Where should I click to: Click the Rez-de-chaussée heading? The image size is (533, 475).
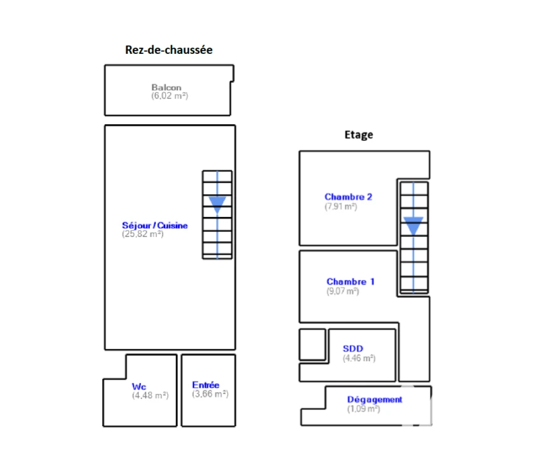coord(169,50)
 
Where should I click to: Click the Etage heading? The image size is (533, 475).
coord(359,135)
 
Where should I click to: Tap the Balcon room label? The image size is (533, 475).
coord(166,87)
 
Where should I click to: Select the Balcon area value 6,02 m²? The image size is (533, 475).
coord(169,96)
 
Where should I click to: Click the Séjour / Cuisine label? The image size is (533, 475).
coord(155,225)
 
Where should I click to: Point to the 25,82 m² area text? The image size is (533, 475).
coord(143,234)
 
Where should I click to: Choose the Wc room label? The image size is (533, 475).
coord(139,387)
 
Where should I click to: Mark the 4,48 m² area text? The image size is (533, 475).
coord(150,395)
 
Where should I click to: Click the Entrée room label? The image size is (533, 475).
coord(206,385)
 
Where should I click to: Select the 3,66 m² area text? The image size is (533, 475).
coord(210,394)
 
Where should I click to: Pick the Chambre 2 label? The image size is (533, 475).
coord(348,197)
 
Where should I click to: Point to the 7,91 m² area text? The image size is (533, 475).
coord(341,207)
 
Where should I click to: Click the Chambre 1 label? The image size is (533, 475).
coord(351,281)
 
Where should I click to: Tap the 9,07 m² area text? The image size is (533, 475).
coord(343,291)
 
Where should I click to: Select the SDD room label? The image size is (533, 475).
coord(353,348)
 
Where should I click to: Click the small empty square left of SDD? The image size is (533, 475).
coord(312,344)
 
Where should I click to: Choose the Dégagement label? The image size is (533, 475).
coord(375,400)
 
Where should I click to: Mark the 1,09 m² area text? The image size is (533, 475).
coord(364,409)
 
